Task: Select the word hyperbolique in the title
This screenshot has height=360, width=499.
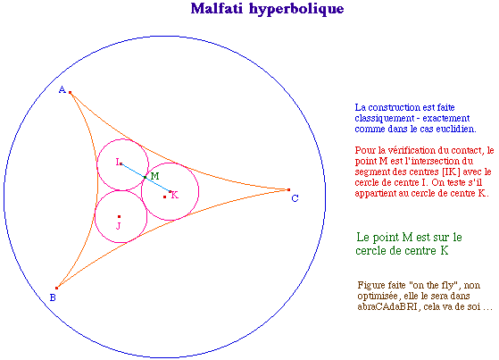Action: click(296, 9)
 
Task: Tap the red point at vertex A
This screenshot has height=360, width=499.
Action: click(70, 93)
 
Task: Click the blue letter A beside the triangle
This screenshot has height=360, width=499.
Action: click(62, 90)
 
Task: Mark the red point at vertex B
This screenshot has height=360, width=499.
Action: click(56, 288)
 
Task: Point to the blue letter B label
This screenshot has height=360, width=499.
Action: click(53, 297)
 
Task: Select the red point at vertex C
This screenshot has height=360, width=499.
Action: click(288, 190)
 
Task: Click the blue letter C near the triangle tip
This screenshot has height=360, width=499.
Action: click(295, 198)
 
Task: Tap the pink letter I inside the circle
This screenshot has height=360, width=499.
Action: click(118, 162)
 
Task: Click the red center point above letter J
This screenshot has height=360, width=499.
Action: click(119, 217)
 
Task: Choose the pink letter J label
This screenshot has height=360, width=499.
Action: click(119, 226)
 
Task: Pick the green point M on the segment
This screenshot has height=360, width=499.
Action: click(146, 177)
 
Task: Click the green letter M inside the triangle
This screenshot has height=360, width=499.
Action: click(155, 176)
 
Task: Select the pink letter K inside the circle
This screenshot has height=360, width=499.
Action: click(175, 195)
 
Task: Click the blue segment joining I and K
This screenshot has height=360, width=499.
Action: click(146, 178)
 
